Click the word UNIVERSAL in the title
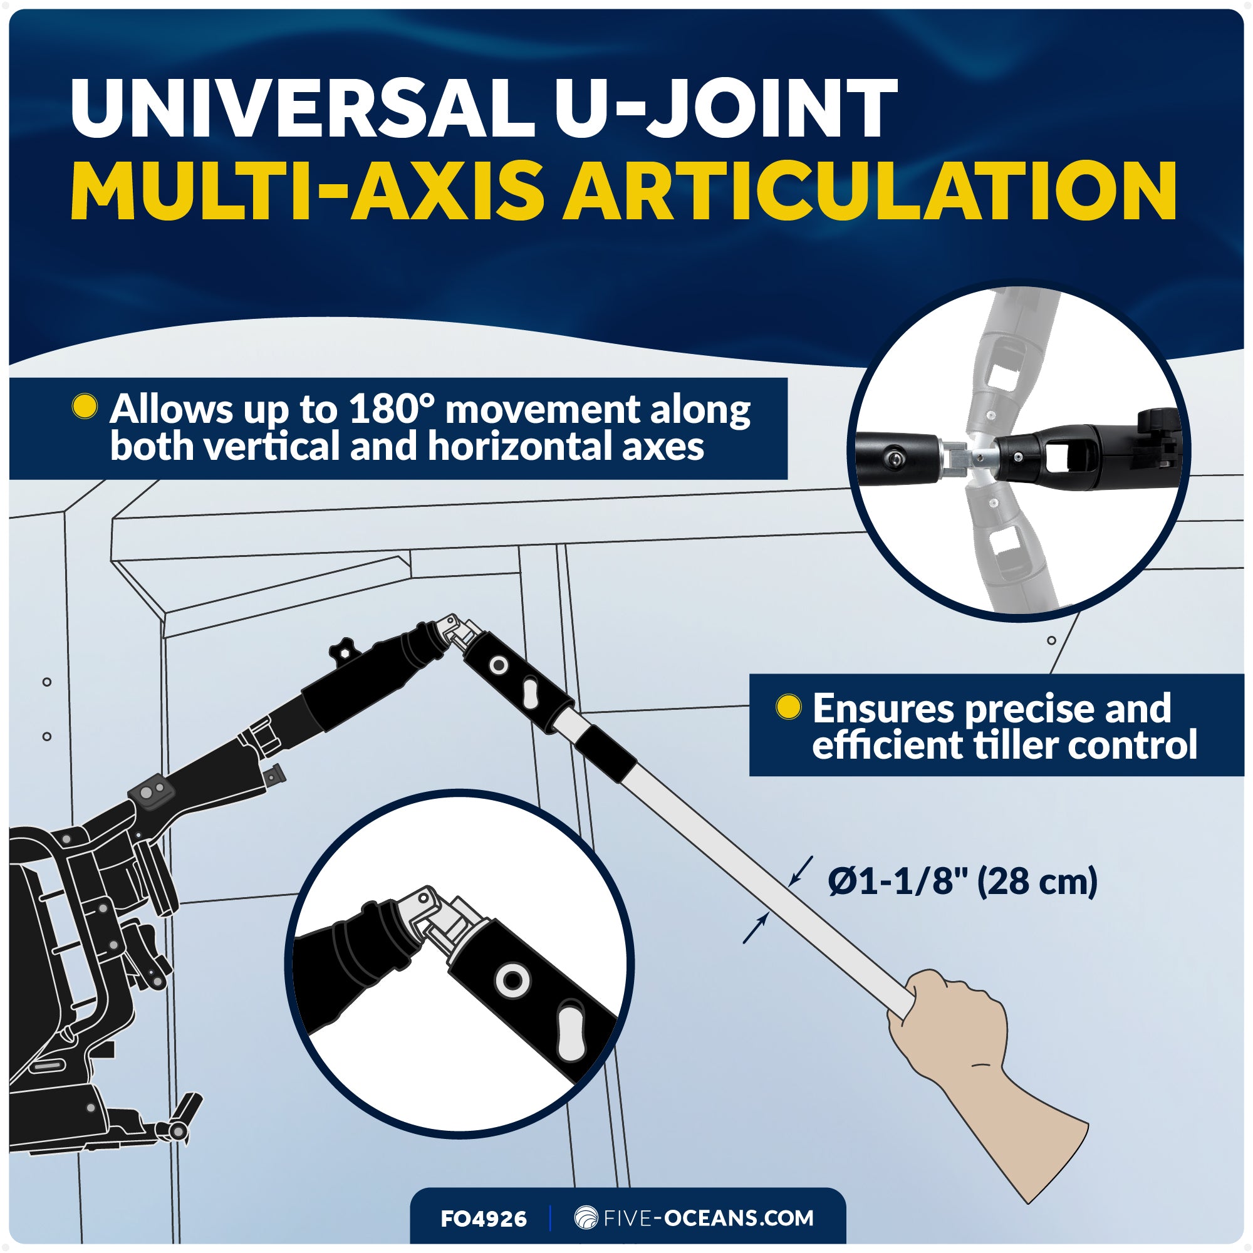tap(301, 108)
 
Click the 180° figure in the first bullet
tap(391, 410)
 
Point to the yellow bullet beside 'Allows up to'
tap(85, 407)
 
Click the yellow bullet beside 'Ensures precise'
tap(789, 707)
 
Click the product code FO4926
tap(483, 1219)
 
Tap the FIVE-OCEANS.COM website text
tap(707, 1218)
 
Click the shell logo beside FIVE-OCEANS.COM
tap(586, 1217)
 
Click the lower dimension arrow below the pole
tap(756, 928)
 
